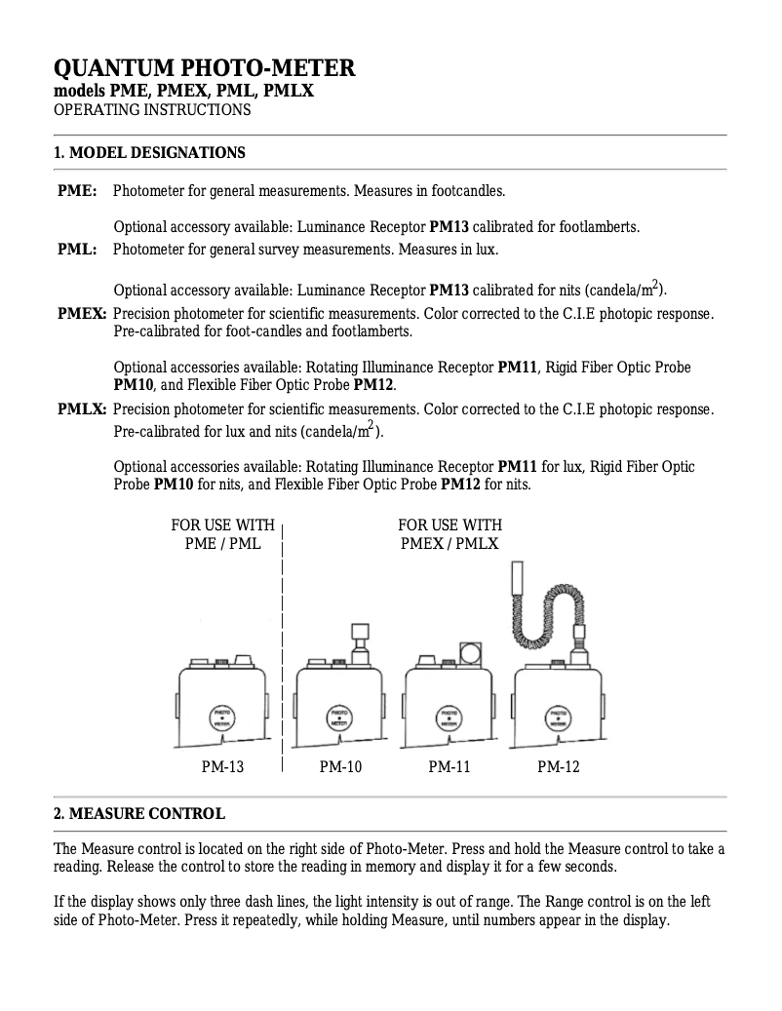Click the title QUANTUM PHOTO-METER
tap(204, 68)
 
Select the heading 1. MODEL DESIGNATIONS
tap(149, 152)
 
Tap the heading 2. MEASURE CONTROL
tap(139, 813)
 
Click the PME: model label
tap(77, 191)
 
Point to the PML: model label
tap(77, 250)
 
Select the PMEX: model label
tap(82, 314)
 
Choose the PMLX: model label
tap(82, 408)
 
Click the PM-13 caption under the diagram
tap(222, 767)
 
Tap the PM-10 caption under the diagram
tap(340, 767)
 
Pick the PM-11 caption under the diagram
tap(450, 767)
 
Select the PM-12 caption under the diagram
tap(559, 767)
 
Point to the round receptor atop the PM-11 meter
tap(470, 650)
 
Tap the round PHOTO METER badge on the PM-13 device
tap(223, 719)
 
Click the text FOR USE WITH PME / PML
tap(222, 534)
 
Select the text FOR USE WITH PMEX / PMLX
tap(450, 534)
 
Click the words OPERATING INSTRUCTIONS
tap(151, 110)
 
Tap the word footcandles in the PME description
tap(468, 191)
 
